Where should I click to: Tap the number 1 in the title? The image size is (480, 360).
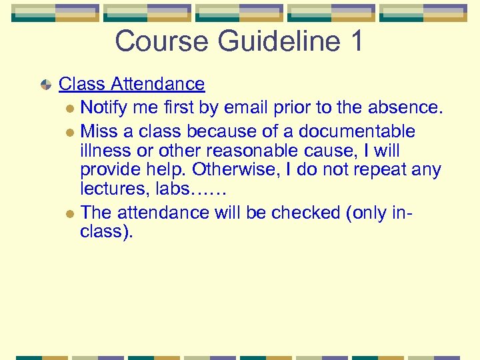click(x=355, y=41)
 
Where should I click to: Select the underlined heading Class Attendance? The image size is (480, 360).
click(x=131, y=84)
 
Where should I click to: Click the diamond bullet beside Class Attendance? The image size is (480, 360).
click(x=45, y=85)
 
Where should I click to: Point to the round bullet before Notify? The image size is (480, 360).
click(x=70, y=108)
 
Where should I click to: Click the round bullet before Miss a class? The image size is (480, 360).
click(x=70, y=132)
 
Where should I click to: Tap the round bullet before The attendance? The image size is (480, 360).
click(x=70, y=213)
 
